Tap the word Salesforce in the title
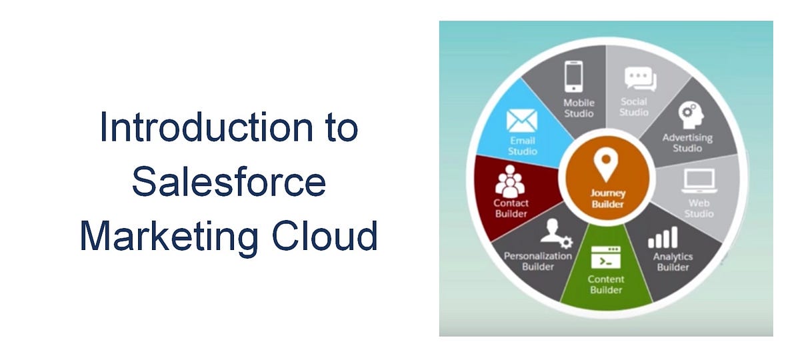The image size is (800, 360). pyautogui.click(x=229, y=182)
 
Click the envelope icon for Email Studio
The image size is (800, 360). pyautogui.click(x=522, y=121)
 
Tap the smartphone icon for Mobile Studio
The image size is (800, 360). pyautogui.click(x=573, y=77)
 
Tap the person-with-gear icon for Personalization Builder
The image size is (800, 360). pyautogui.click(x=555, y=233)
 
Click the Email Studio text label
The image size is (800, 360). pyautogui.click(x=523, y=146)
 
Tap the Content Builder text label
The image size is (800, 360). pyautogui.click(x=605, y=285)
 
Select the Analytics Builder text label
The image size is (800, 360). pyautogui.click(x=673, y=262)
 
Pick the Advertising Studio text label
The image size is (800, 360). pyautogui.click(x=687, y=143)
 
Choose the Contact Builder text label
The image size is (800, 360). pyautogui.click(x=511, y=208)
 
